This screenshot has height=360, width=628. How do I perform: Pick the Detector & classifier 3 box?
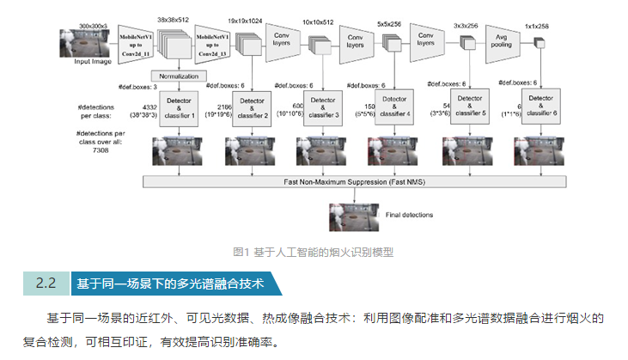point(324,107)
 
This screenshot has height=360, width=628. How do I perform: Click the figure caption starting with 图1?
point(314,252)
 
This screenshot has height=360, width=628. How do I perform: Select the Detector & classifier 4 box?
point(396,107)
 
